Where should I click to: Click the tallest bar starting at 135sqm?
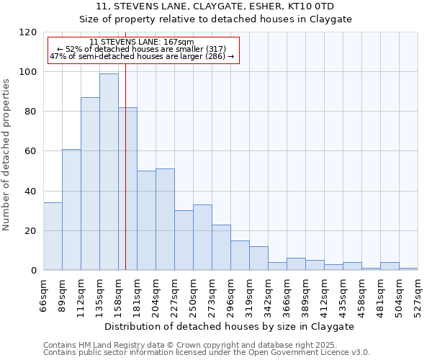click(x=109, y=172)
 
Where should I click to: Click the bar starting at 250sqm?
click(x=202, y=238)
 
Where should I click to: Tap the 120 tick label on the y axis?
click(x=29, y=32)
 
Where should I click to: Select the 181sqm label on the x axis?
click(x=137, y=295)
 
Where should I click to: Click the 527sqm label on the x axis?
click(x=418, y=295)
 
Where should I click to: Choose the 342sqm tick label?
click(x=268, y=295)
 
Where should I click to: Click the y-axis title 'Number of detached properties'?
click(x=6, y=155)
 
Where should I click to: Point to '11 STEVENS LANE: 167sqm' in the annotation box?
click(x=142, y=42)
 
